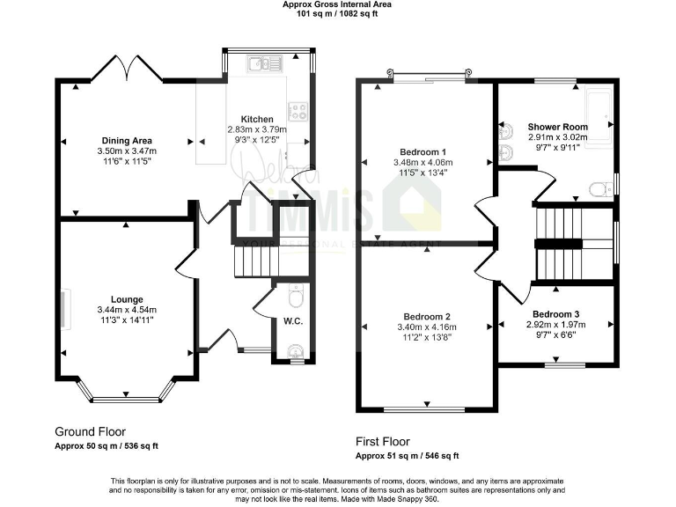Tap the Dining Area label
(127, 141)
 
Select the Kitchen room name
(257, 119)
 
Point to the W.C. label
(293, 321)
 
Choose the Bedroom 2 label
(427, 317)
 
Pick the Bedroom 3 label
(555, 313)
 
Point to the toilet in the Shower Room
(599, 187)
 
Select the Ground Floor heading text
(90, 432)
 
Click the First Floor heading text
(382, 442)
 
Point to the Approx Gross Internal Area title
(337, 4)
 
